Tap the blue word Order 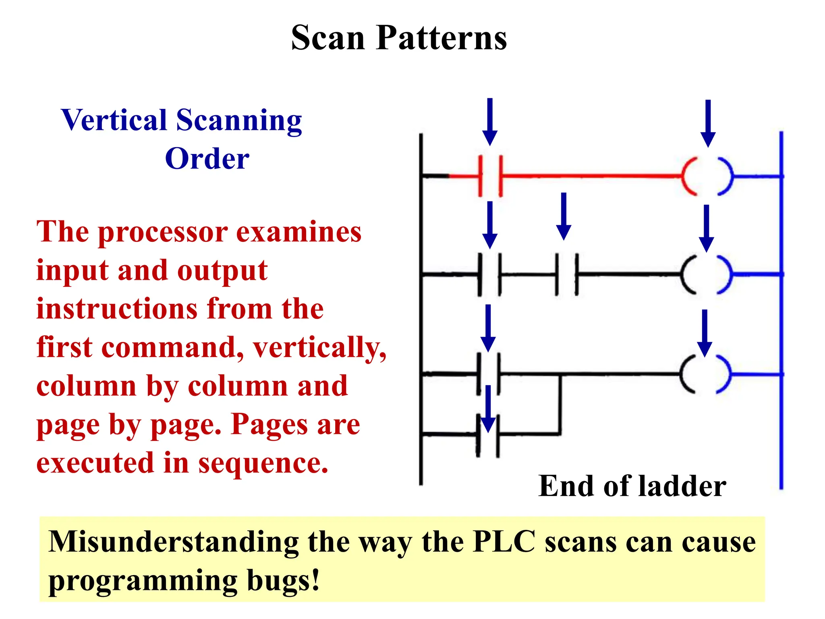207,158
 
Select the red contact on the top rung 490,176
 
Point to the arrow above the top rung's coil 708,123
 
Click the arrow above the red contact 490,121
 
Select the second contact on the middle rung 567,274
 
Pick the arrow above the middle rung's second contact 564,216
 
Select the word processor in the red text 163,233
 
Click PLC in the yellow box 504,542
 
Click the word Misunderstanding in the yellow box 174,542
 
